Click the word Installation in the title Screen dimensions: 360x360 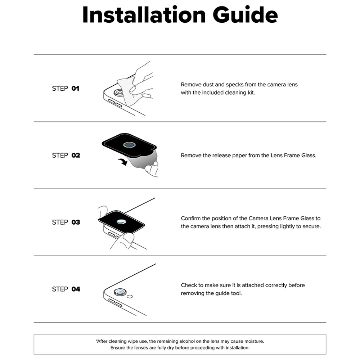144,15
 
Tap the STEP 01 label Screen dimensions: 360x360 66,89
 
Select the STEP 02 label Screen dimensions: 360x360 66,156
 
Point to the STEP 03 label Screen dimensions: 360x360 66,222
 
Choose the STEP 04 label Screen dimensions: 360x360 66,289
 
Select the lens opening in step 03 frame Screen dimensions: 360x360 122,222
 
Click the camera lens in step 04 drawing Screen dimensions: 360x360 120,292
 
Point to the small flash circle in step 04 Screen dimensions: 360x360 130,297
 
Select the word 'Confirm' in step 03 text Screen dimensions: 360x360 191,219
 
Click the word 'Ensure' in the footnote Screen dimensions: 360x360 117,348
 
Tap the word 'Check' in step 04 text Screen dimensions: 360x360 189,285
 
